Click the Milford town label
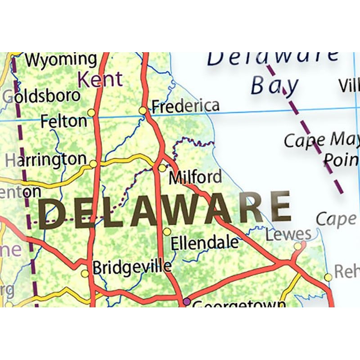[x=195, y=177]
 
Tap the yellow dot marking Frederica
[x=143, y=110]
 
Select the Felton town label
[x=63, y=121]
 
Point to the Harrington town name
[x=45, y=159]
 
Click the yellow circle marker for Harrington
[x=93, y=164]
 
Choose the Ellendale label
[x=205, y=243]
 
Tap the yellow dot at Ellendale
[x=167, y=231]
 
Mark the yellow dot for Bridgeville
[x=85, y=274]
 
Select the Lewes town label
[x=288, y=234]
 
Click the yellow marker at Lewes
[x=298, y=246]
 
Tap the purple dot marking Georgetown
[x=187, y=301]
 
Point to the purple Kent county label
[x=99, y=80]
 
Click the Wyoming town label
[x=61, y=59]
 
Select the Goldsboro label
[x=41, y=96]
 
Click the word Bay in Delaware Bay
[x=274, y=85]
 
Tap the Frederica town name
[x=185, y=106]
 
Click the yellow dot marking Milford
[x=162, y=168]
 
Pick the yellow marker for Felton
[x=91, y=112]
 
